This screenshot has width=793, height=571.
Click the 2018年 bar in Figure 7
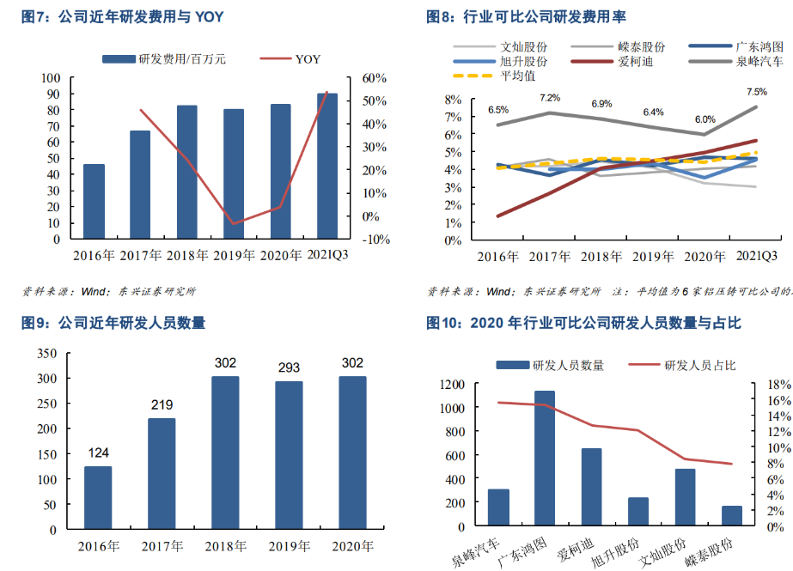(x=187, y=172)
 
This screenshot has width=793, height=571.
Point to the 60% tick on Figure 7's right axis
(x=375, y=78)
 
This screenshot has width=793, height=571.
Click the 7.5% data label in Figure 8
(x=757, y=92)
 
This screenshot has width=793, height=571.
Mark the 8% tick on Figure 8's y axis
(x=454, y=100)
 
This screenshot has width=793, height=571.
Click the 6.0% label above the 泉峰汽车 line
(x=705, y=119)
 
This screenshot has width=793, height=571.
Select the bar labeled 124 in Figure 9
(x=98, y=497)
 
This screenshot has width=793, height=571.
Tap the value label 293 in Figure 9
(x=289, y=368)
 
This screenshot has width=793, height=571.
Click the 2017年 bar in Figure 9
(x=162, y=473)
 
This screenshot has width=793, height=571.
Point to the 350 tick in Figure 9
(x=46, y=353)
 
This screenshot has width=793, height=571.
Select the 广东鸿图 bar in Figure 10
(x=545, y=457)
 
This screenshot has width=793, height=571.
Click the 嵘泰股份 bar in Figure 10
(x=731, y=516)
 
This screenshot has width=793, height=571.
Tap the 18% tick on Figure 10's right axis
(x=779, y=384)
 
